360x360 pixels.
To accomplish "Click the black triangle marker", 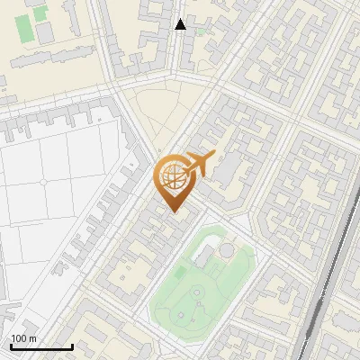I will [x=181, y=24].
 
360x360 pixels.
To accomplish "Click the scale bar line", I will [x=41, y=346].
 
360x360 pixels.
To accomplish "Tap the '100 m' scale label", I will [x=24, y=338].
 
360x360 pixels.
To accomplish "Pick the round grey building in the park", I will [x=228, y=248].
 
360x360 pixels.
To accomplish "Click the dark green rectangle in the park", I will [x=181, y=271].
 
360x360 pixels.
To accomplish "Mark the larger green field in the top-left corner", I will [x=24, y=28].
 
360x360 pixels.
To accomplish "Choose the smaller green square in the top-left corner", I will [x=40, y=13].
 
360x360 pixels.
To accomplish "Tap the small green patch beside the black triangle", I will [x=200, y=32].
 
